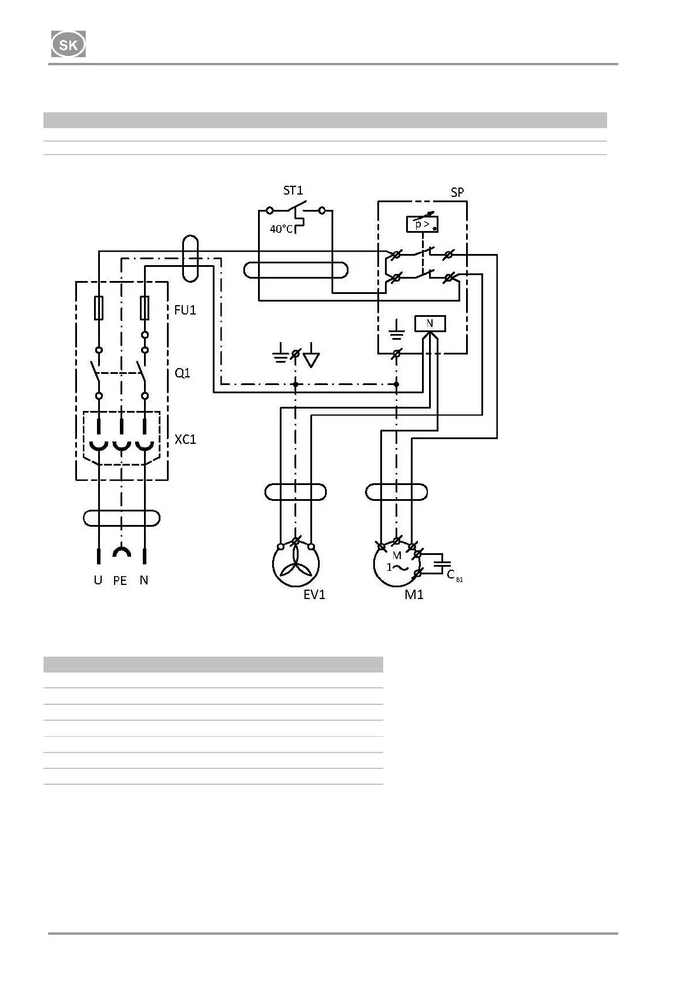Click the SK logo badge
coord(68,45)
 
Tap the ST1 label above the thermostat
coord(293,190)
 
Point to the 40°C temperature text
coord(281,229)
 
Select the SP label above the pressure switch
coord(457,192)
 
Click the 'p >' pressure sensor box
coord(422,224)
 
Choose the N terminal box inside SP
coord(430,323)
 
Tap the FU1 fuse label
coord(185,310)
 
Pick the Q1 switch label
coord(182,373)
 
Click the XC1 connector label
coord(185,439)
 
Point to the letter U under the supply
coord(98,580)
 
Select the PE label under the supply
coord(120,581)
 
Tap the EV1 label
coord(314,595)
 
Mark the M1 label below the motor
coord(414,595)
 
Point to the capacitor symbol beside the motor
coord(441,563)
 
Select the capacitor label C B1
coord(454,576)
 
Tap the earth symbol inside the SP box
coord(397,330)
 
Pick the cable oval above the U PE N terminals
coord(121,518)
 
